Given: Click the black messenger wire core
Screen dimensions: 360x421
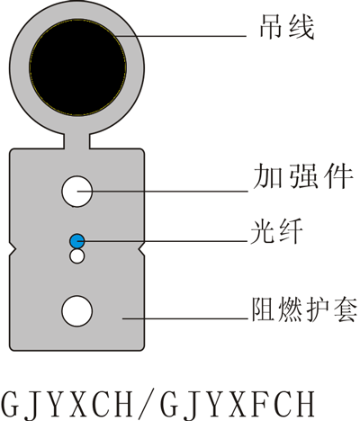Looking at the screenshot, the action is tap(77, 67).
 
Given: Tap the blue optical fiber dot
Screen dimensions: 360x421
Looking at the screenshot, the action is tap(76, 241).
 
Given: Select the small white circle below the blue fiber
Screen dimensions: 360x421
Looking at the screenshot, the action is tap(76, 256).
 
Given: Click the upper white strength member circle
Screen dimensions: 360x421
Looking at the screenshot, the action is tap(76, 192).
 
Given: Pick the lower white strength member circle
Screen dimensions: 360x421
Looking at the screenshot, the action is tap(76, 311).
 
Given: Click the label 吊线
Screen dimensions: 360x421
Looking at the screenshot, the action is tap(286, 27).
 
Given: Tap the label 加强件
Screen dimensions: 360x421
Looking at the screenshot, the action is tap(302, 176).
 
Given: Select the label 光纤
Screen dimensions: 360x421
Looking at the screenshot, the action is tap(276, 231).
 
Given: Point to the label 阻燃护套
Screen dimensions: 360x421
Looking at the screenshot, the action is tap(304, 309).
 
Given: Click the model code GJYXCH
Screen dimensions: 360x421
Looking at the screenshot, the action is tap(67, 404).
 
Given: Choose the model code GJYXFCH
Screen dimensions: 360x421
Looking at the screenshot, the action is tap(238, 404).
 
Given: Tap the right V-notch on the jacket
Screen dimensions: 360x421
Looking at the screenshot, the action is tap(141, 249).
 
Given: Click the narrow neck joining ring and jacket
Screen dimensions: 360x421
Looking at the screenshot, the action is tap(76, 141).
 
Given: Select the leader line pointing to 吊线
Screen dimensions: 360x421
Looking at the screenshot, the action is tap(181, 36).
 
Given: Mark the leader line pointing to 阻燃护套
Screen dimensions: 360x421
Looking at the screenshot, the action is tap(184, 318).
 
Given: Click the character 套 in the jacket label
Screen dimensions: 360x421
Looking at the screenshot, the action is tap(345, 309).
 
